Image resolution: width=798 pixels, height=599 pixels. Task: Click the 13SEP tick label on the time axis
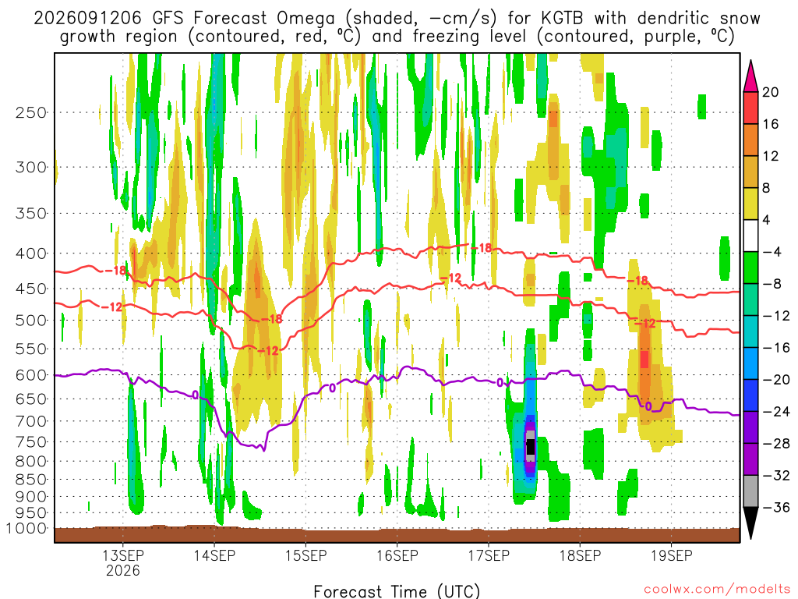(122, 555)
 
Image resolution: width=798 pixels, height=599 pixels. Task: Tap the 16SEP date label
(397, 555)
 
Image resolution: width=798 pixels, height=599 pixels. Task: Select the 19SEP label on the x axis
(671, 555)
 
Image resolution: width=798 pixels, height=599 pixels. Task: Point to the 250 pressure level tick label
(31, 112)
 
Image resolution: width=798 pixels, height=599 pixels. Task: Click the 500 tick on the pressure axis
(31, 321)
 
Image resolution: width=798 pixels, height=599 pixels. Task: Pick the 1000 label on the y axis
(26, 529)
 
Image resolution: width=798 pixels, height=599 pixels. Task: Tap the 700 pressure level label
(31, 421)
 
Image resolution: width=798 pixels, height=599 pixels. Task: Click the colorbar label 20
(771, 92)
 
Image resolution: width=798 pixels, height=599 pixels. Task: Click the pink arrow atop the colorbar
(750, 76)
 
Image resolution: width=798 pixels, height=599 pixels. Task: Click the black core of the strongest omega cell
(530, 447)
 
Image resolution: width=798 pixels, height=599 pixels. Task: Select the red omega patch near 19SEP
(644, 359)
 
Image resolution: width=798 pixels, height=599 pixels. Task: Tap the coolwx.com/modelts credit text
(717, 589)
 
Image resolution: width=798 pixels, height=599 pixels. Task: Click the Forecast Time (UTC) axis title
(397, 591)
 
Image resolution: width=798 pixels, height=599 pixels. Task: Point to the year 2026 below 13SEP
(122, 570)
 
